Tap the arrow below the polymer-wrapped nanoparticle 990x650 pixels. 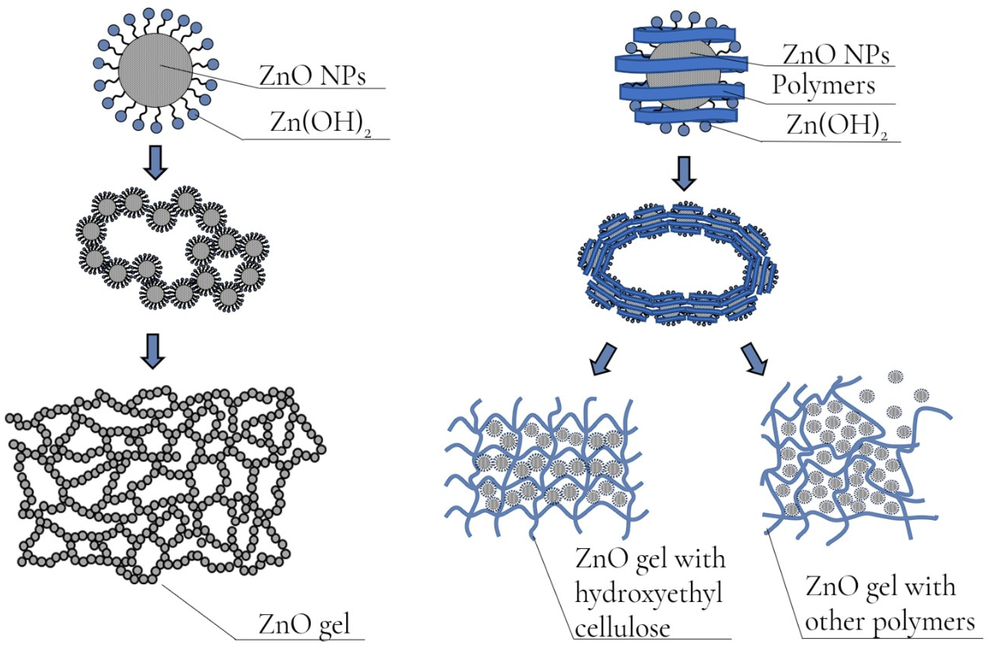point(684,173)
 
